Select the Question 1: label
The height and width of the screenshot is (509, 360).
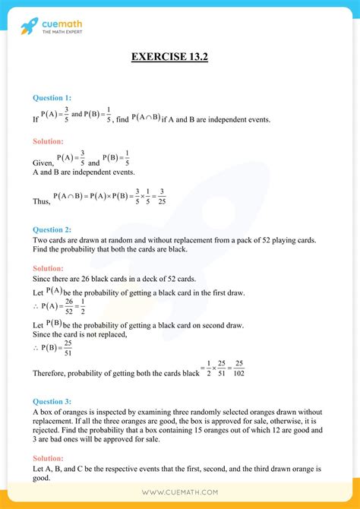click(x=52, y=97)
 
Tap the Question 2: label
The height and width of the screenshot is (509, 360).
click(x=52, y=229)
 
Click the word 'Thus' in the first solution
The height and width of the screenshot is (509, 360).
click(x=41, y=201)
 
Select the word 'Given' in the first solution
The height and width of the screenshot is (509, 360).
click(x=43, y=162)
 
